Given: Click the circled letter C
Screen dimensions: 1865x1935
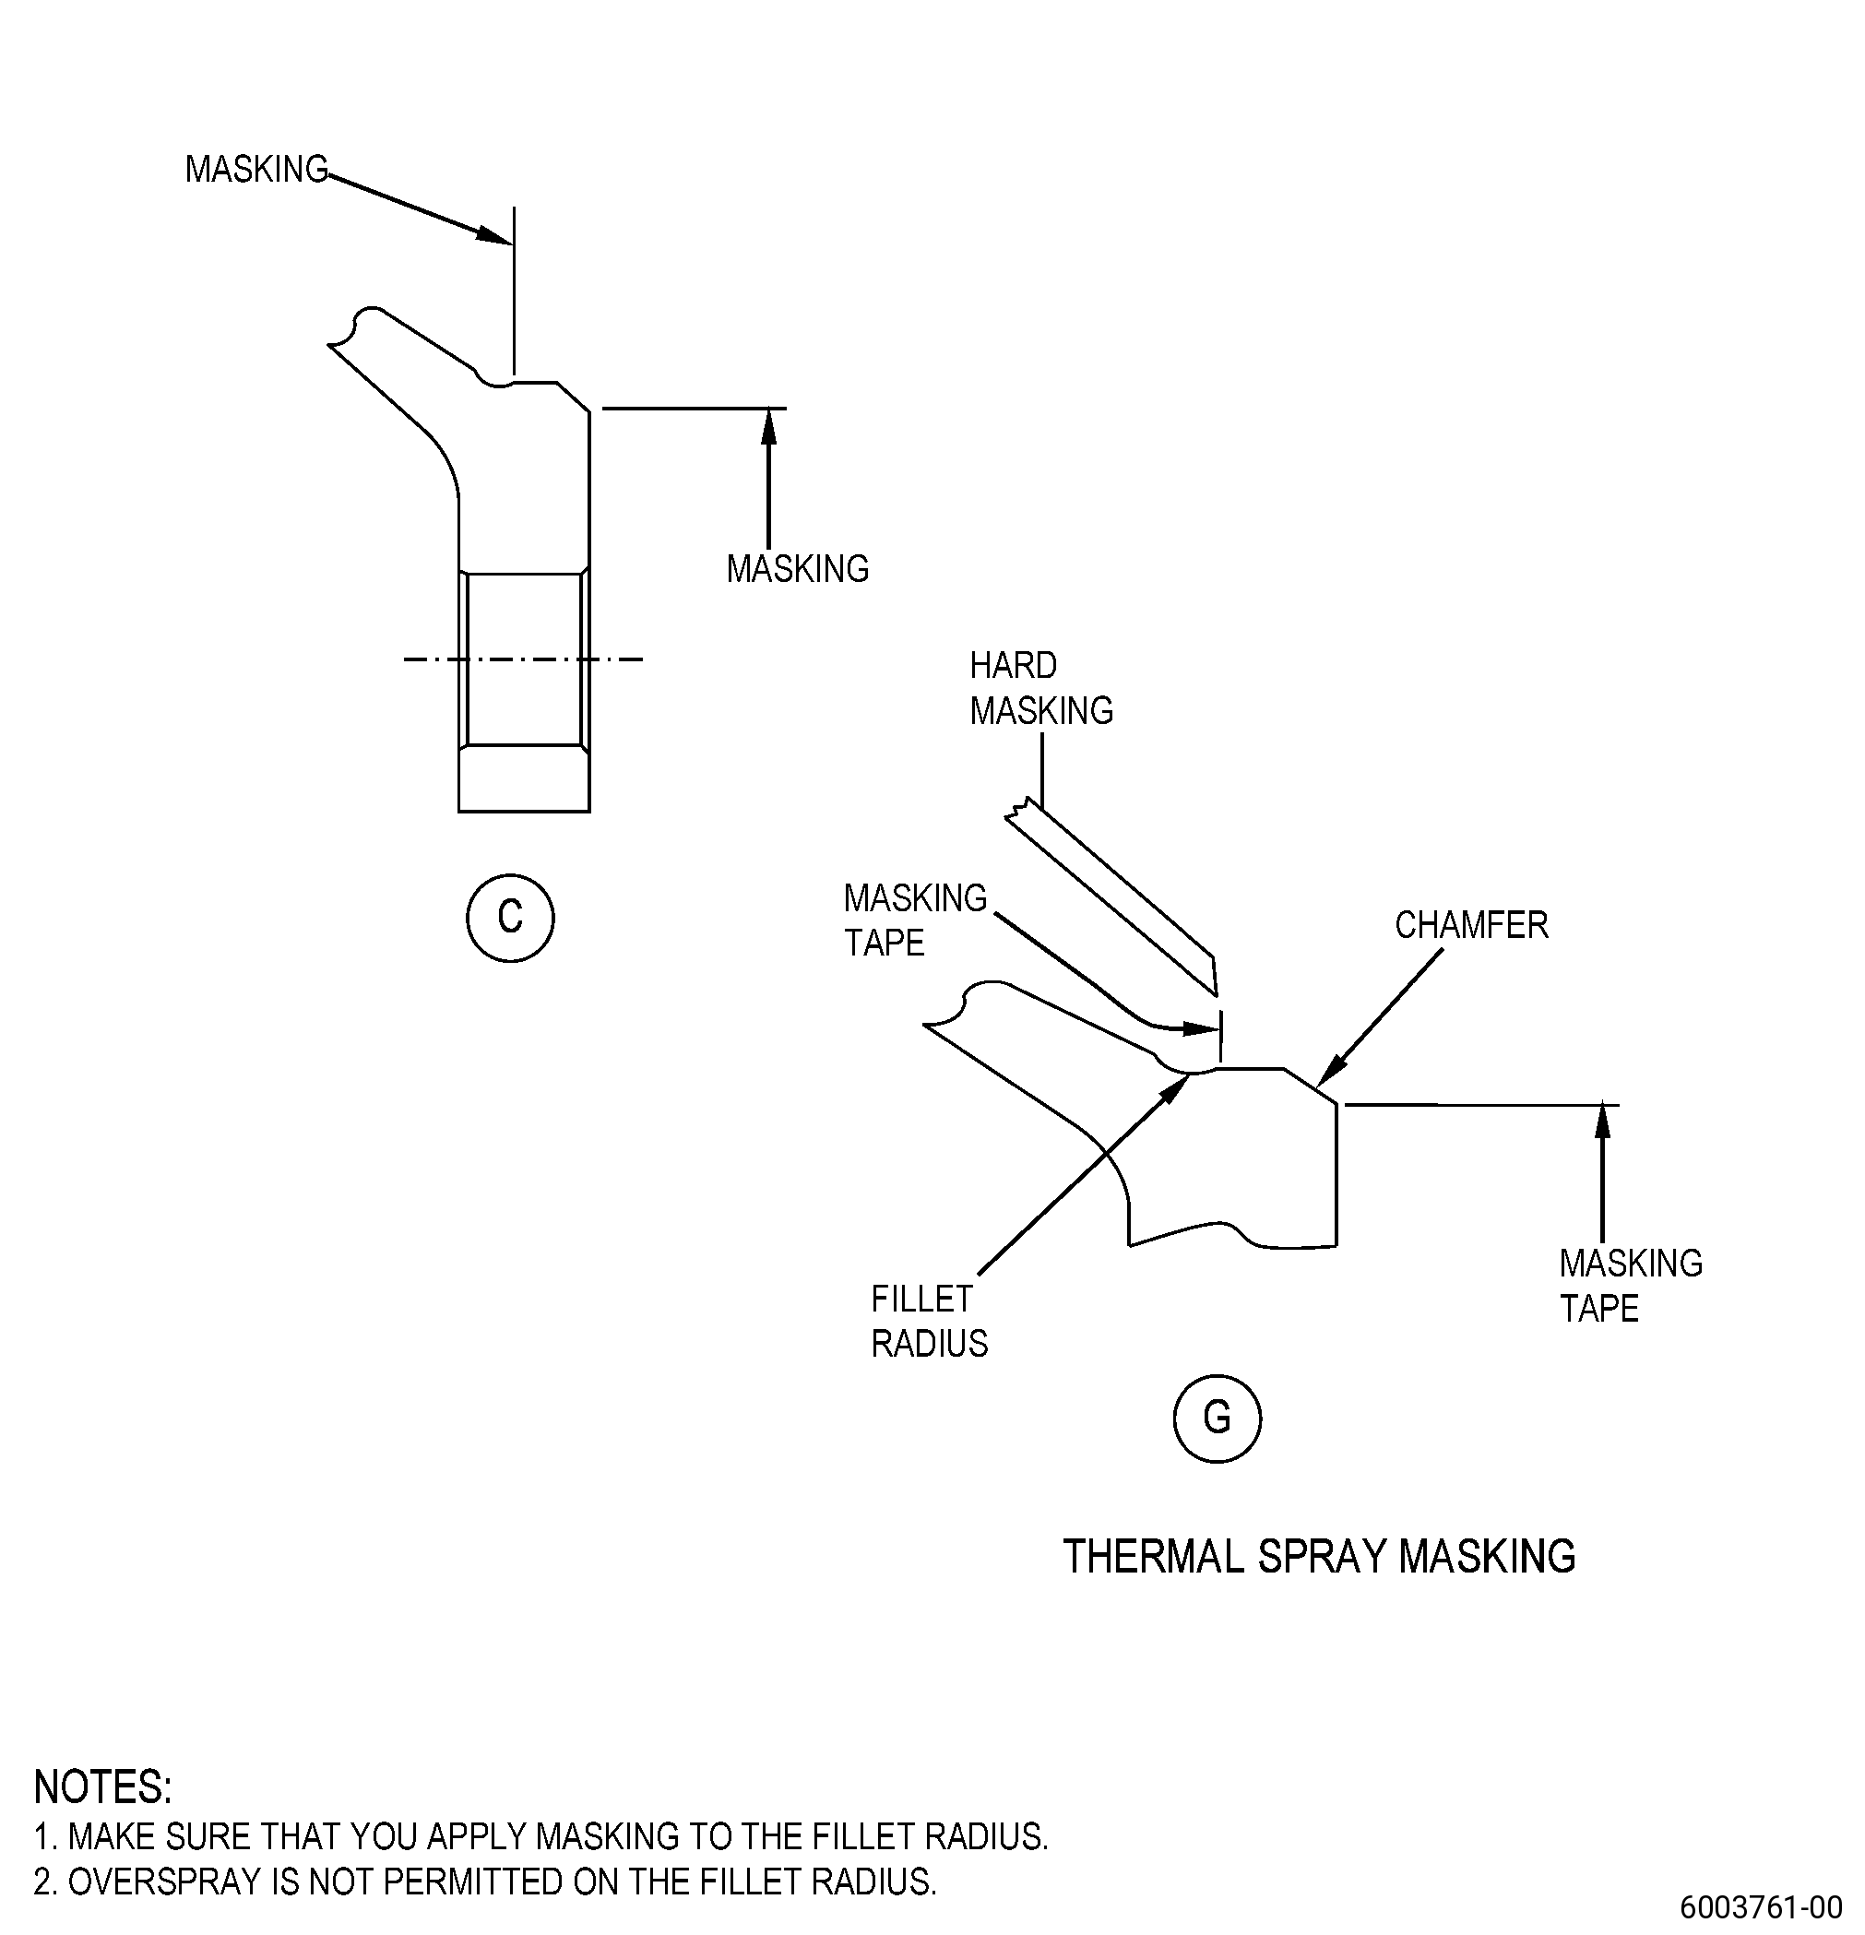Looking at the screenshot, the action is (509, 918).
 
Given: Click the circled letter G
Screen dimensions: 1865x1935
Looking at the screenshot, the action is (1217, 1419).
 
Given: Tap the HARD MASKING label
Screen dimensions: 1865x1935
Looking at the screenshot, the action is (1040, 688).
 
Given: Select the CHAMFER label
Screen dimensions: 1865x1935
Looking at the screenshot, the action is (1471, 925).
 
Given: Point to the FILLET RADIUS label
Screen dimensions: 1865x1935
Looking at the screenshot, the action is (929, 1321).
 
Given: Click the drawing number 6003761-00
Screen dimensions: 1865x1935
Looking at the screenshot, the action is (1762, 1905).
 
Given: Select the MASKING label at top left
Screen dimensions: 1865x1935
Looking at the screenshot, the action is (256, 170).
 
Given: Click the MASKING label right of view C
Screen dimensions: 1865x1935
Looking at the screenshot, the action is (798, 569).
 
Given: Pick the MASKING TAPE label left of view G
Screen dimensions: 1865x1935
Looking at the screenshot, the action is (915, 920).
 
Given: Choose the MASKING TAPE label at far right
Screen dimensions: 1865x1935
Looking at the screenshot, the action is (1631, 1286).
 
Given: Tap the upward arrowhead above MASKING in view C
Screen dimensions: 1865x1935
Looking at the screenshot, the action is (769, 426).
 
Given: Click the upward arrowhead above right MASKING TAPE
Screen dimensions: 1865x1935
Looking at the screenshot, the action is (1602, 1122).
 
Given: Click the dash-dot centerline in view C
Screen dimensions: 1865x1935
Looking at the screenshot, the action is (523, 659).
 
